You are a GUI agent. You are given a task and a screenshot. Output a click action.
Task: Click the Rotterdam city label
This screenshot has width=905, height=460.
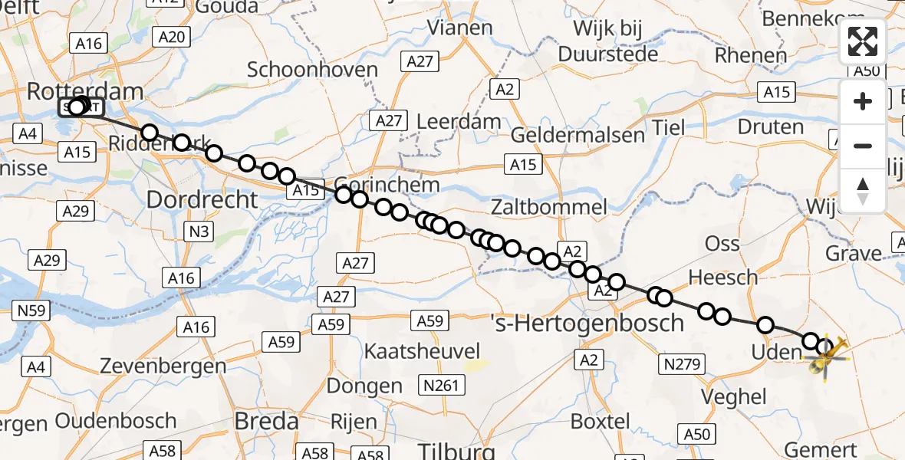pos(84,91)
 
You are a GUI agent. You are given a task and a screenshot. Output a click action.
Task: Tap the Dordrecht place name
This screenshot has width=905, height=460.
pos(202,200)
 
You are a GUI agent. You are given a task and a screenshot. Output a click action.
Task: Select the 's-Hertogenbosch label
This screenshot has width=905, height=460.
pos(587,323)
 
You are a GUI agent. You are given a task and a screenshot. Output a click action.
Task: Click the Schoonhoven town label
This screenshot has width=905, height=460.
pos(312,71)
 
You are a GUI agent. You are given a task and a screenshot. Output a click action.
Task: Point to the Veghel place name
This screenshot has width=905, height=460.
pos(734,396)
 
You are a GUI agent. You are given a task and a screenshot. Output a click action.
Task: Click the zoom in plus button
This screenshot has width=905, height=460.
pos(863,101)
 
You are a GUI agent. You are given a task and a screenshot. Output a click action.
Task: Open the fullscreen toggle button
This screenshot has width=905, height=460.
pos(863,41)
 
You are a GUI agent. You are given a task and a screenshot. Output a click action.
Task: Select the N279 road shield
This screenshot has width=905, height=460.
pos(682,363)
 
